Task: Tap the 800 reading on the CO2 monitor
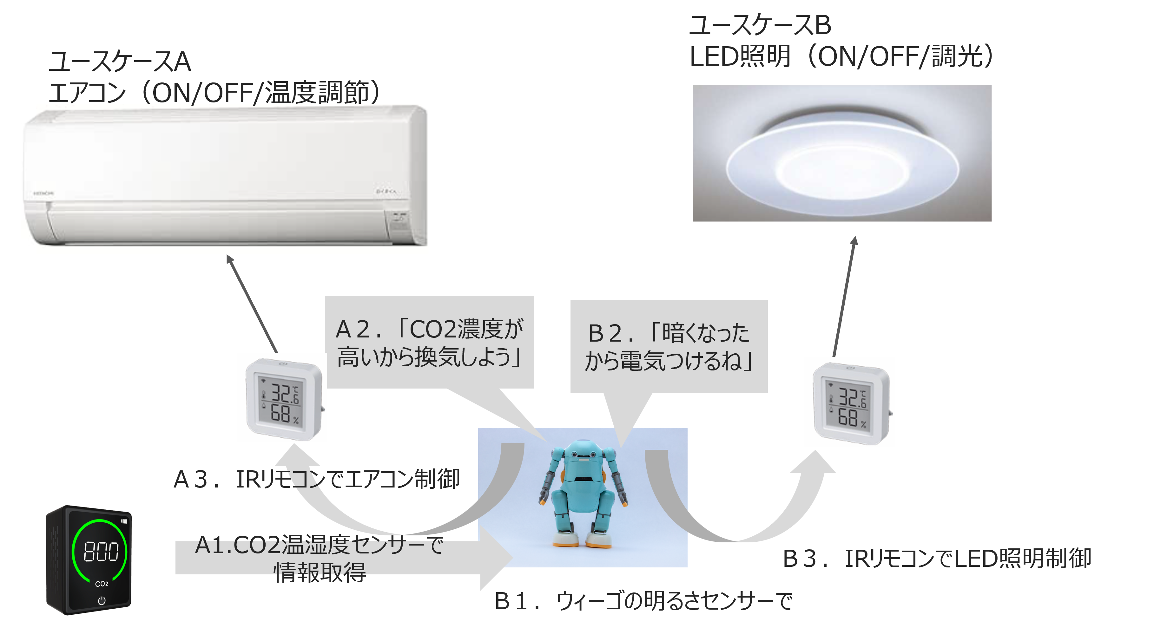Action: (101, 552)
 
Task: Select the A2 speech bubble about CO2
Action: (429, 342)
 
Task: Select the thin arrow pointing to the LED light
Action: (844, 296)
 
